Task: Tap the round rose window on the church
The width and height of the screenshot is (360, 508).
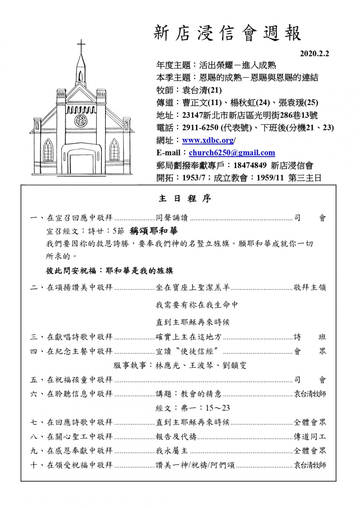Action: [x=81, y=120]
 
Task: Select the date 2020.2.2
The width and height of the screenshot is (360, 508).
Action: [x=315, y=54]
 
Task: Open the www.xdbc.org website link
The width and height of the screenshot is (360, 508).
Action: [x=208, y=140]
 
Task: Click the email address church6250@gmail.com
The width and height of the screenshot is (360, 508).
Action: [x=232, y=153]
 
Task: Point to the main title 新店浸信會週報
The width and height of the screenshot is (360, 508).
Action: [x=228, y=33]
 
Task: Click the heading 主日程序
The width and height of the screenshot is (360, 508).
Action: [x=185, y=199]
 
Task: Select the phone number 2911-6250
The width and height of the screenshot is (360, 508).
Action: [x=200, y=128]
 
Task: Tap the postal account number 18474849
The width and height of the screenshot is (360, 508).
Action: [x=250, y=165]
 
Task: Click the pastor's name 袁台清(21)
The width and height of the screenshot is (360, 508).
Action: [x=202, y=90]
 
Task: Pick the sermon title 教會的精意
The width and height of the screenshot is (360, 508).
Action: [x=201, y=394]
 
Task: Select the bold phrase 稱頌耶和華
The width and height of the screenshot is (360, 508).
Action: [x=154, y=231]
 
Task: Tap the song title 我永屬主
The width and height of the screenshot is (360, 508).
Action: [x=172, y=451]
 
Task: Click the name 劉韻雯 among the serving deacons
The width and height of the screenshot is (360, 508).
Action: [x=235, y=366]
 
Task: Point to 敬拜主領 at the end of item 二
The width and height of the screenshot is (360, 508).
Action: [x=310, y=287]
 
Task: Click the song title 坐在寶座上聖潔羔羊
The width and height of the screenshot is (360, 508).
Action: [x=193, y=287]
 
